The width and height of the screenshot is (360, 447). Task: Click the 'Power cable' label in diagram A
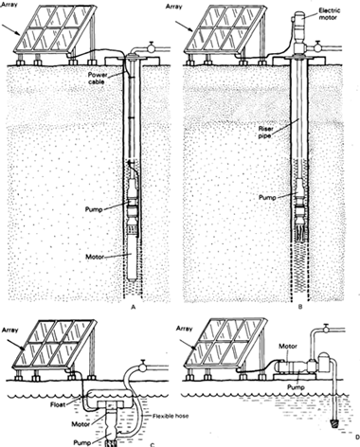(113, 73)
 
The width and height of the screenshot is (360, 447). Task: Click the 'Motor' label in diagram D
(276, 347)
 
